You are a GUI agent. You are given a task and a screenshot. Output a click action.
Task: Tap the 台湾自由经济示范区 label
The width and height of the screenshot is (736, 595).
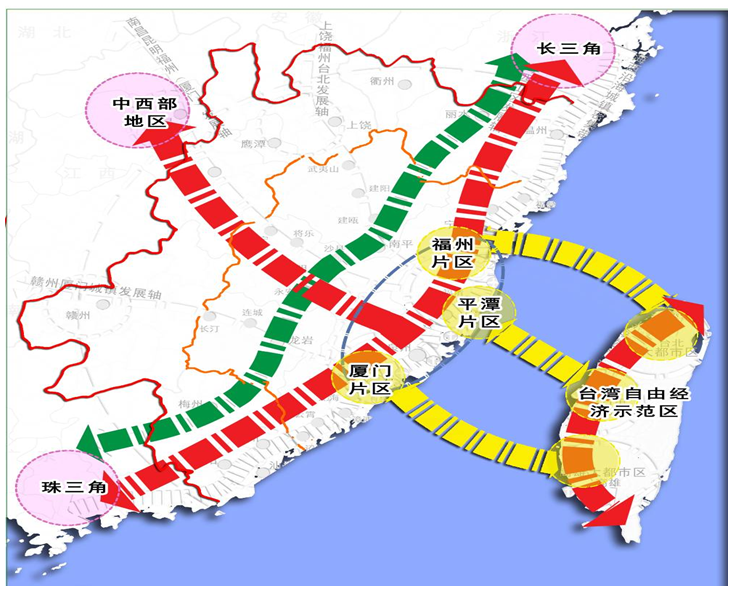coord(622,402)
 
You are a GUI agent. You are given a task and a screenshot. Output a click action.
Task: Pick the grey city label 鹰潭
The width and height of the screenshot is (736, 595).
coord(254,143)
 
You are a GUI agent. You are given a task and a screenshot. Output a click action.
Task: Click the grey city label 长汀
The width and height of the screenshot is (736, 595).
coord(209,327)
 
